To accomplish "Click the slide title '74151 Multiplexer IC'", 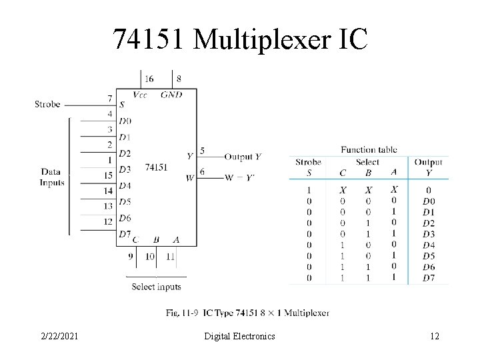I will tap(240, 39).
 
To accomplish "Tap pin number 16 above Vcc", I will tap(149, 79).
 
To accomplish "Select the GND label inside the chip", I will tap(171, 95).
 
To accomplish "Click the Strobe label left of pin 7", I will tap(47, 104).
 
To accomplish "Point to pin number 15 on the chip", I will tap(107, 175).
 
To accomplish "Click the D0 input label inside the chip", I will tap(125, 121).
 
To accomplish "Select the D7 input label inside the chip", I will tap(125, 233).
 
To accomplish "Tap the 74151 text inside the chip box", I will tap(155, 167).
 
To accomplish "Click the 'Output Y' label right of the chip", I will tap(243, 157).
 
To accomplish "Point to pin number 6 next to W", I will tap(202, 172).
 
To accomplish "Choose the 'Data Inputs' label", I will tap(51, 177).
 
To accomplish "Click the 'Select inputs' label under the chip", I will tap(156, 287).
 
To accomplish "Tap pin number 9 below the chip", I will tap(131, 255).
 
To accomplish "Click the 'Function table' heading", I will tap(368, 149).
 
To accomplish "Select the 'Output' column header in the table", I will tap(428, 162).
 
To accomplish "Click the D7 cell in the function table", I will tap(429, 277).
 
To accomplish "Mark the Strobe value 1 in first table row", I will tap(309, 190).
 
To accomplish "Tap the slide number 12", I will tap(435, 337).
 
